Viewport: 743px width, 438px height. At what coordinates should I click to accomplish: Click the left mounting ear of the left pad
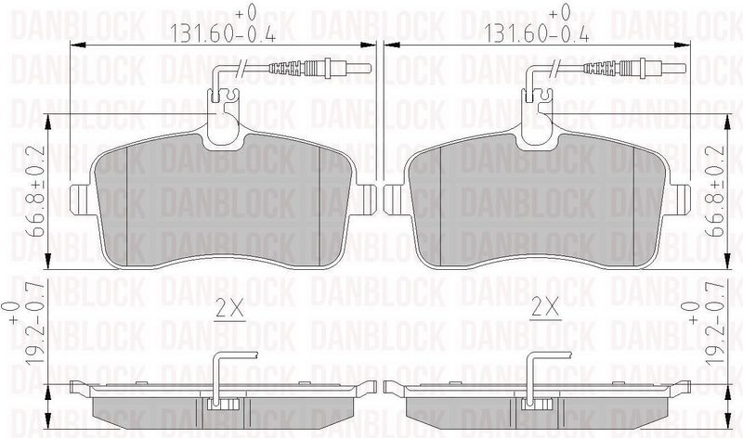click(81, 198)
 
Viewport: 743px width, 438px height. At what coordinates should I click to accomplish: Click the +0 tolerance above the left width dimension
click(244, 14)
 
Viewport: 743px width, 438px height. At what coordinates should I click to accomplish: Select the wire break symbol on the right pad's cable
click(560, 67)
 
